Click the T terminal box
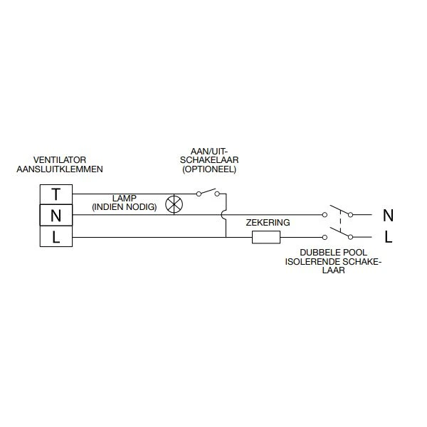(55, 194)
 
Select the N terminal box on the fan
(55, 215)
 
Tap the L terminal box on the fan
(55, 236)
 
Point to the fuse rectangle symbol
(266, 237)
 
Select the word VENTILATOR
(60, 159)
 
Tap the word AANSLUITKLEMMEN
(60, 169)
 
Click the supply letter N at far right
(388, 214)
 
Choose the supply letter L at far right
(388, 236)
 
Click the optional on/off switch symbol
(209, 193)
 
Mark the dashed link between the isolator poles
(340, 226)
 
